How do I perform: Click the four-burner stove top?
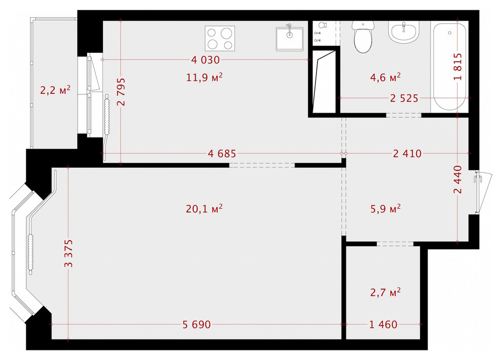(220, 38)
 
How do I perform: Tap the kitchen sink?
(290, 39)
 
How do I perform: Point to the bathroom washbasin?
(404, 31)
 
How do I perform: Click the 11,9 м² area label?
(204, 77)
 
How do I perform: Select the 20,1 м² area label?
(204, 208)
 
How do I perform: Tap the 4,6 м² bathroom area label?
(385, 77)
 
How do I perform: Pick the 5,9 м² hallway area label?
(385, 208)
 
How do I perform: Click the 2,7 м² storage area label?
(385, 292)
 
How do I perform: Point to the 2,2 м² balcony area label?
(55, 90)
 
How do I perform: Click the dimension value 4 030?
(205, 60)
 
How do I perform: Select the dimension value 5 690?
(197, 325)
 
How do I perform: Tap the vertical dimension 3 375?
(68, 253)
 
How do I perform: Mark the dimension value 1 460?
(383, 325)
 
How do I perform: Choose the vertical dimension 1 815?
(458, 66)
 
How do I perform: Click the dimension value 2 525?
(404, 98)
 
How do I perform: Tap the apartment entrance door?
(482, 193)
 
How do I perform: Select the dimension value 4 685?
(222, 154)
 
